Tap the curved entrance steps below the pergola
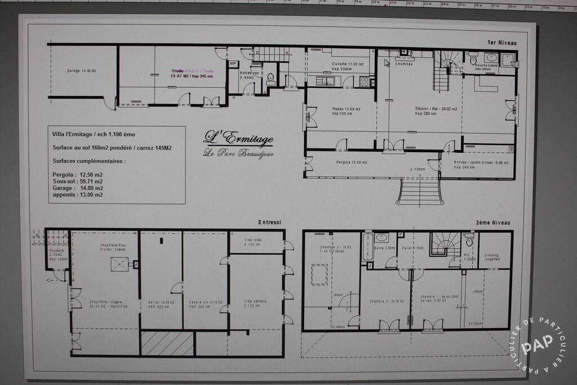[x=419, y=191]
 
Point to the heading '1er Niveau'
[x=501, y=42]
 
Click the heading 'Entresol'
[x=269, y=222]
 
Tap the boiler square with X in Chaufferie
[x=119, y=264]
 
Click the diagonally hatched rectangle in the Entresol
[x=167, y=343]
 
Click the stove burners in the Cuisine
[x=364, y=82]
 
